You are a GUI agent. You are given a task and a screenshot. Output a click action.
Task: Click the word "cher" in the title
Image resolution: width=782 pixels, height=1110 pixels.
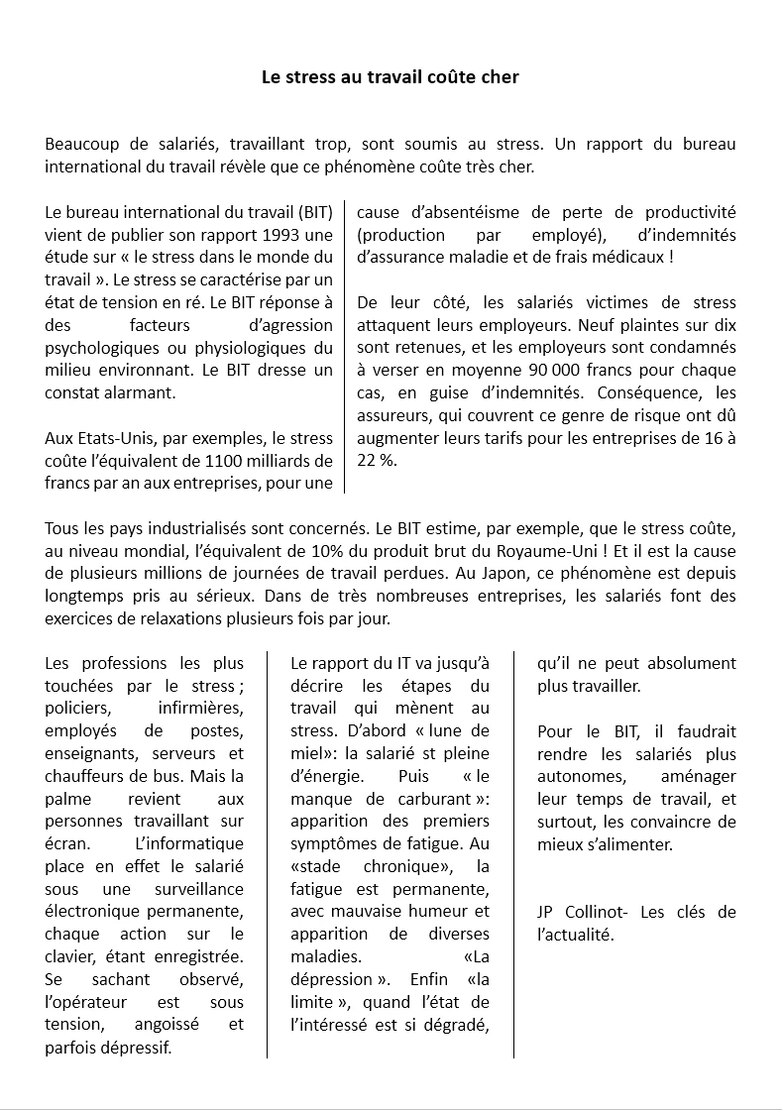coord(500,76)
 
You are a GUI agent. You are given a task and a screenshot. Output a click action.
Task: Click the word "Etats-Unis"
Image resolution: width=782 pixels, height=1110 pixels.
coord(106,438)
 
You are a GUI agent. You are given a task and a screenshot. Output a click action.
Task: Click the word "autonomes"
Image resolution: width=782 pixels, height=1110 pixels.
coord(581,776)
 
